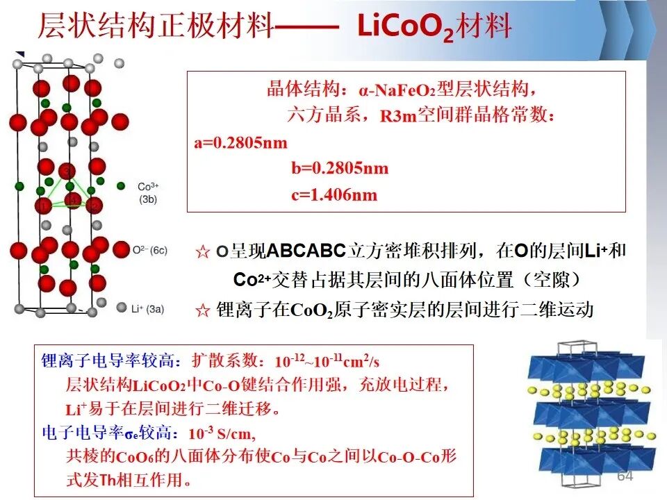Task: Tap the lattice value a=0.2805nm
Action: (x=241, y=142)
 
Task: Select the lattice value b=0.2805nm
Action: (x=340, y=168)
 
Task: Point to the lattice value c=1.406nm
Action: (x=334, y=194)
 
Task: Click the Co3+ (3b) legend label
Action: (x=148, y=192)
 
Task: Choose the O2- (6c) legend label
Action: (x=150, y=251)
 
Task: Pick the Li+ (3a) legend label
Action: (x=147, y=309)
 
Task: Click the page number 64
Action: (x=625, y=476)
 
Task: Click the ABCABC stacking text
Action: (x=306, y=251)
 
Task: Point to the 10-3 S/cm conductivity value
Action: (x=222, y=433)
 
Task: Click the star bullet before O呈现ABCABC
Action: (x=203, y=251)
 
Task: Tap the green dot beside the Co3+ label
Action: (x=121, y=186)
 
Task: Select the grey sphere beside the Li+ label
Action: (x=122, y=308)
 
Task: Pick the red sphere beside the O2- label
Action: (x=121, y=249)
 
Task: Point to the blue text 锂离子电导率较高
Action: (x=108, y=361)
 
